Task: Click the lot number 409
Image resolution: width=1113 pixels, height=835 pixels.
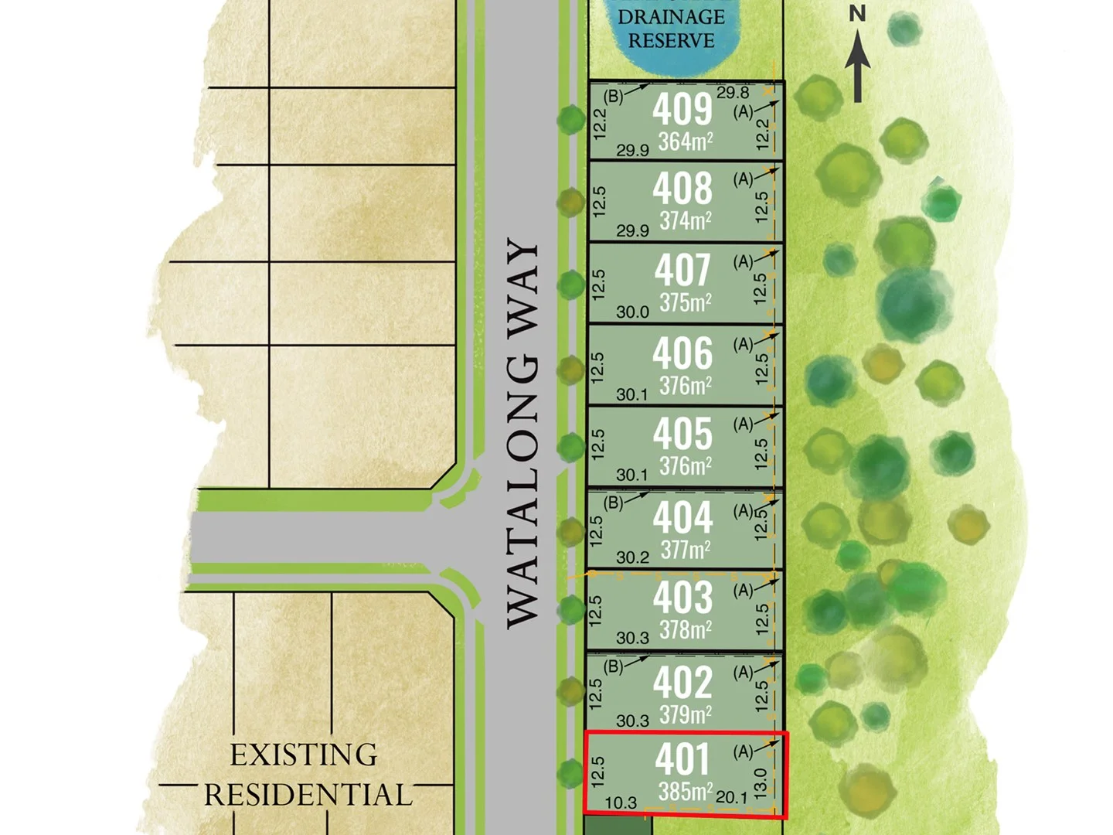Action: [x=682, y=109]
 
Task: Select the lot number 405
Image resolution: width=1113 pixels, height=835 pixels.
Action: [x=682, y=434]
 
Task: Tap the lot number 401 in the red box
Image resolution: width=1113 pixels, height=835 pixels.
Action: [x=682, y=759]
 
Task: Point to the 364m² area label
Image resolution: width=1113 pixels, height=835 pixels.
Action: [x=686, y=141]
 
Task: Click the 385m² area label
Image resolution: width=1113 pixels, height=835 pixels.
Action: [x=686, y=792]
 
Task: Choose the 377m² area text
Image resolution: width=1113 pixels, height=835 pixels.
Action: [x=686, y=550]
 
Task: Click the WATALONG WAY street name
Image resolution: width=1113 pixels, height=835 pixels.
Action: [x=522, y=433]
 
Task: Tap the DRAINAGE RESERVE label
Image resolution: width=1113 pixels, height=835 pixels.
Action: [x=671, y=29]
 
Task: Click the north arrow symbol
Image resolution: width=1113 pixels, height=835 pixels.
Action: [x=857, y=67]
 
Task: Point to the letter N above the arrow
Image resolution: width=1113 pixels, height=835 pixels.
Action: [x=857, y=13]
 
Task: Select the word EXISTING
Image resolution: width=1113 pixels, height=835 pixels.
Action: [x=304, y=755]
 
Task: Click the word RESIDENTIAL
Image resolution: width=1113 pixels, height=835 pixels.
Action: [x=308, y=795]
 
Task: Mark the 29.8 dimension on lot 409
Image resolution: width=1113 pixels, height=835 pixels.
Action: [x=733, y=93]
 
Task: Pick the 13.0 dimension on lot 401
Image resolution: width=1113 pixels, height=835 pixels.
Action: [x=761, y=783]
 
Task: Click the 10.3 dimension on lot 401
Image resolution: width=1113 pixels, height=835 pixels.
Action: [x=621, y=803]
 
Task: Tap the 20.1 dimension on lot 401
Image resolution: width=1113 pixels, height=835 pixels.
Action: [x=731, y=797]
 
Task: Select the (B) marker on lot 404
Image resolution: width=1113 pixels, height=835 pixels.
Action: [x=614, y=503]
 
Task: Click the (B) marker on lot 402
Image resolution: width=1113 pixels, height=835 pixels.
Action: [x=614, y=666]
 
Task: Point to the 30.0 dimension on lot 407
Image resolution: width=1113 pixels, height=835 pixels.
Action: [x=632, y=312]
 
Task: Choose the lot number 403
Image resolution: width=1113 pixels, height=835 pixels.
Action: [x=682, y=598]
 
